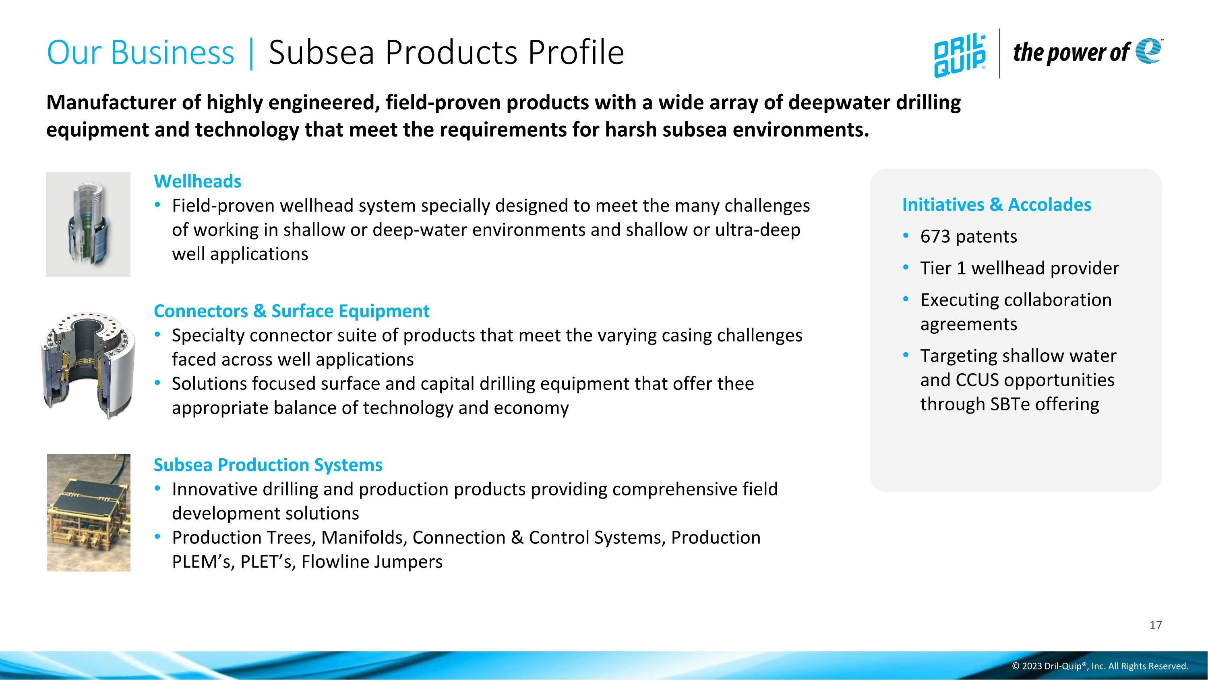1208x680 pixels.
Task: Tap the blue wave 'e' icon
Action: tap(1148, 51)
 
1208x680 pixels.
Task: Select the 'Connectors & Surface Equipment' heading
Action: tap(291, 311)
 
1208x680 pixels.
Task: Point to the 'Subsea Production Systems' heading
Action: tap(268, 465)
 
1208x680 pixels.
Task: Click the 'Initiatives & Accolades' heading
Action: tap(997, 205)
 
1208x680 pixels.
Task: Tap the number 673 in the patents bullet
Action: tap(935, 237)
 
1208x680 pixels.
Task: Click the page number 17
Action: tap(1156, 626)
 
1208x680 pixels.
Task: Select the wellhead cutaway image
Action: tap(88, 225)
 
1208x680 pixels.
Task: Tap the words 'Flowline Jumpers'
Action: tap(372, 562)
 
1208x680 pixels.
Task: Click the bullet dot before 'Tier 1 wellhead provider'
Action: tap(906, 268)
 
